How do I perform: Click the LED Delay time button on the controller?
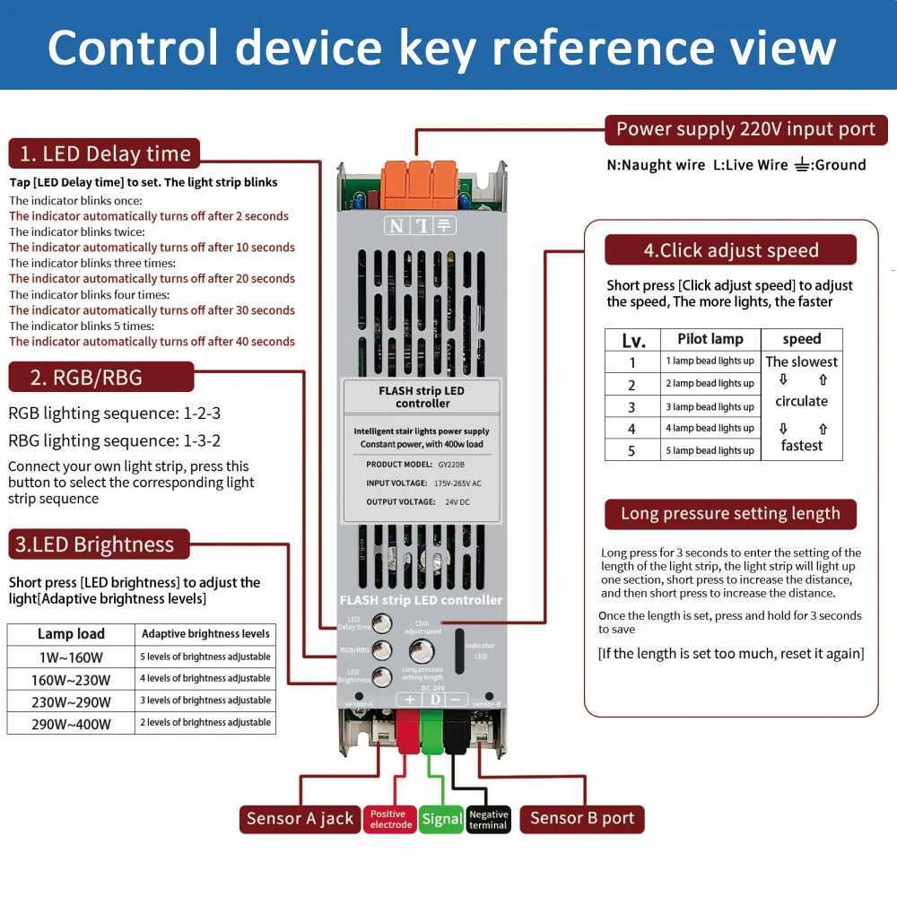point(382,624)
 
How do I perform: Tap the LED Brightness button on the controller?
point(382,676)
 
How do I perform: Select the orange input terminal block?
point(419,184)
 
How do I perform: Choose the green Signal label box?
point(442,819)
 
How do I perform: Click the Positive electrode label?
point(390,819)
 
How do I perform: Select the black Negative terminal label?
point(488,819)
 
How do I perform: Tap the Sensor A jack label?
point(300,818)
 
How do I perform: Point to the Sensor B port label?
point(581,818)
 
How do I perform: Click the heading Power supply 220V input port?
point(745,129)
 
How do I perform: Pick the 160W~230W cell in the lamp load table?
point(71,679)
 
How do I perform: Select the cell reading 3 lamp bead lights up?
point(710,406)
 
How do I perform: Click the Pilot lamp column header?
point(710,339)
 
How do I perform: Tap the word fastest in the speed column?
point(801,446)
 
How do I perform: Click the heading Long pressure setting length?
point(730,514)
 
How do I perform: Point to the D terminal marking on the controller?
point(434,700)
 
